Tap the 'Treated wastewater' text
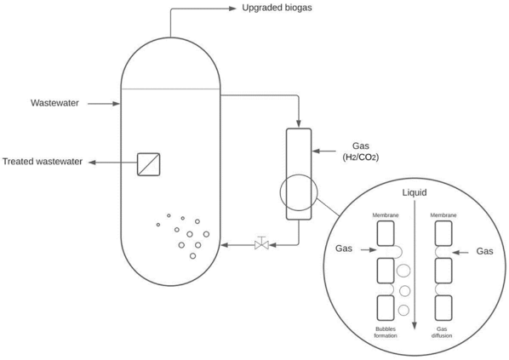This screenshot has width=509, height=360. point(42,162)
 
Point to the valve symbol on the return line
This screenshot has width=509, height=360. point(261,245)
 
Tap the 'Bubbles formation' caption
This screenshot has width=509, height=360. point(385,332)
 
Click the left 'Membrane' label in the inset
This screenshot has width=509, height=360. point(385,215)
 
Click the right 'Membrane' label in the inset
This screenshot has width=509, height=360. point(444,215)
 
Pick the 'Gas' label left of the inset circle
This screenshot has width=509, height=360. point(344,250)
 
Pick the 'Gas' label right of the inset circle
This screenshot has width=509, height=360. point(484,251)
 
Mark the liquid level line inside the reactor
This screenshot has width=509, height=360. point(170,89)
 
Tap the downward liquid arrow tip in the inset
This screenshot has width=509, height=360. point(415,326)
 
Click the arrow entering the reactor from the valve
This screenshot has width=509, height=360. point(227,245)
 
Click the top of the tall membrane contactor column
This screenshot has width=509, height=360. point(299,130)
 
